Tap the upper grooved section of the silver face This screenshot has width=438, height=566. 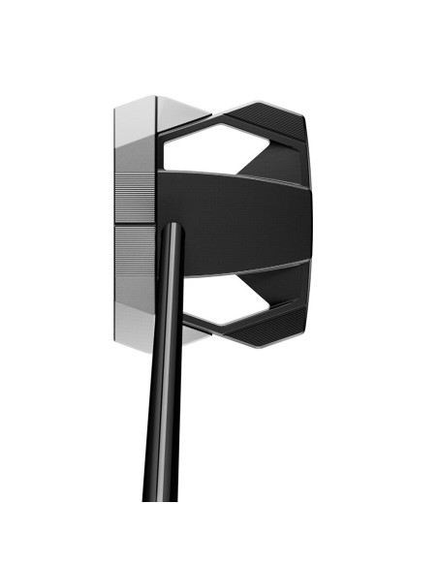(x=134, y=199)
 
